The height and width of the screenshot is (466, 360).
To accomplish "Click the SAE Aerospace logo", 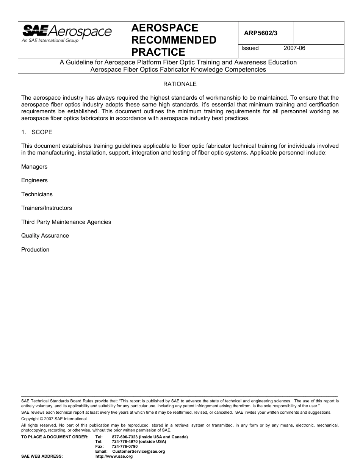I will [67, 33].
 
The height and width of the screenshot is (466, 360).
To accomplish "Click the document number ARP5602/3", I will [260, 33].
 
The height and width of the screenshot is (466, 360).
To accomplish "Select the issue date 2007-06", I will [294, 48].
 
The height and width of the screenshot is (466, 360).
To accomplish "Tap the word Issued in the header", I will [250, 48].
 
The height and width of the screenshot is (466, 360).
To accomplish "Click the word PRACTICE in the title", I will [158, 52].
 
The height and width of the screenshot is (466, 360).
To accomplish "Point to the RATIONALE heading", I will [180, 84].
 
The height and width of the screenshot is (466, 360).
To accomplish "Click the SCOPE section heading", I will [42, 132].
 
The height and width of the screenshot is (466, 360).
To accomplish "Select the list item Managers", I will [34, 167].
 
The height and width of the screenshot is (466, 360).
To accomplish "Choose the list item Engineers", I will [34, 180].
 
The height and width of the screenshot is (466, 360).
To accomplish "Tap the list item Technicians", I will [37, 194].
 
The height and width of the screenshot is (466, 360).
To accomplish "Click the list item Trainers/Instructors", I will [46, 208].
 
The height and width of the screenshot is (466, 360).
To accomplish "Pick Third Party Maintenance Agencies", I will [66, 222].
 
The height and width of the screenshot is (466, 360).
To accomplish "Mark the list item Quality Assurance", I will [45, 236].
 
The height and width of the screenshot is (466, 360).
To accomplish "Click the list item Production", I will [35, 250].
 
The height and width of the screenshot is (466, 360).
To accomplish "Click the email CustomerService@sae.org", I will [139, 452].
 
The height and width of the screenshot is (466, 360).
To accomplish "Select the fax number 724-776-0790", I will [125, 447].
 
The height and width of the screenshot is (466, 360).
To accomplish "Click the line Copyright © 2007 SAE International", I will [54, 419].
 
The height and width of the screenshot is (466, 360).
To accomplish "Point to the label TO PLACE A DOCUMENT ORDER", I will [55, 437].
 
